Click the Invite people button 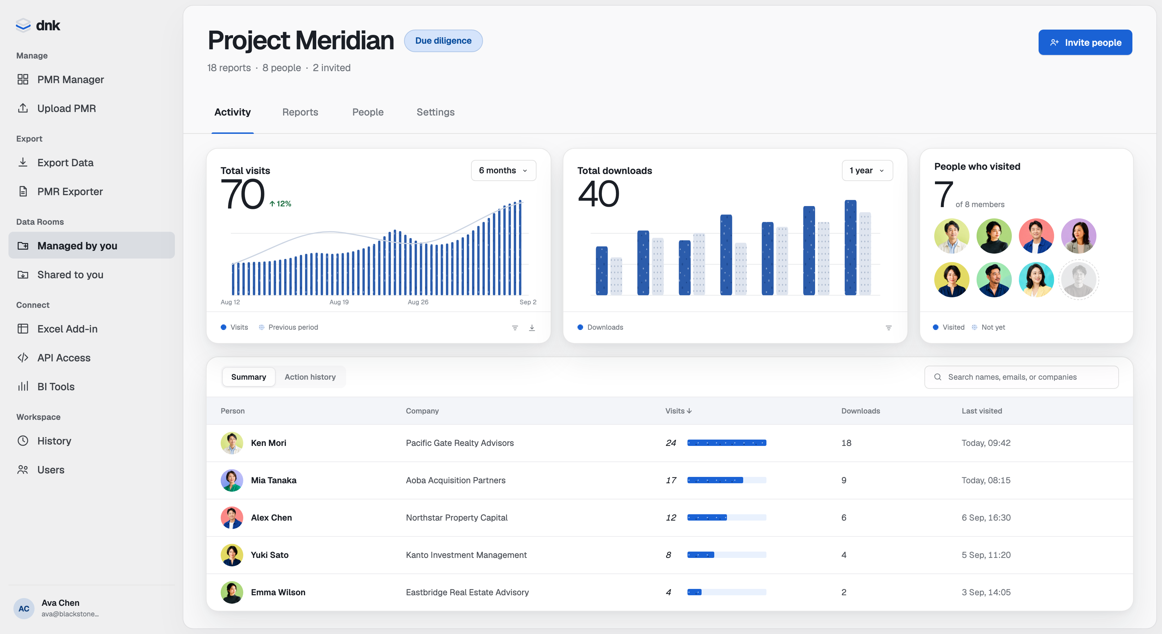[x=1085, y=42]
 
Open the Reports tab [x=300, y=112]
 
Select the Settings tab [x=435, y=112]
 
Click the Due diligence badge [x=443, y=41]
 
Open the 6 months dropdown [x=503, y=170]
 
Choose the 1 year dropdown [x=867, y=170]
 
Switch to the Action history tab [x=310, y=377]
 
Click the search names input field [x=1021, y=377]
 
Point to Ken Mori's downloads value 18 [x=846, y=443]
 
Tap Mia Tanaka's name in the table [x=273, y=480]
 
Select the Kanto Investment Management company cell [x=466, y=555]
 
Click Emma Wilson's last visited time [x=986, y=592]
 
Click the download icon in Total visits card [x=532, y=328]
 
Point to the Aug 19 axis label [x=339, y=302]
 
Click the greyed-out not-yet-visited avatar [x=1078, y=279]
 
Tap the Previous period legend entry [x=288, y=327]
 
